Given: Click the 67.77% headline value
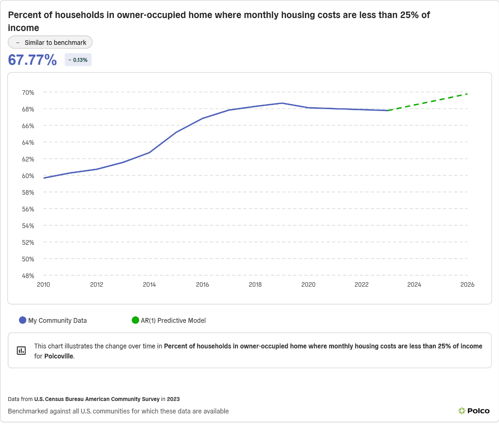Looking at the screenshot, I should pyautogui.click(x=32, y=60).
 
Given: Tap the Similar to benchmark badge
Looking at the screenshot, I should pyautogui.click(x=50, y=42).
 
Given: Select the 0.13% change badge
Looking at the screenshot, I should pyautogui.click(x=78, y=60).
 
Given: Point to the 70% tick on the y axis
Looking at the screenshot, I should pyautogui.click(x=28, y=92).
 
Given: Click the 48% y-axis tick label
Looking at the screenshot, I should pyautogui.click(x=28, y=276).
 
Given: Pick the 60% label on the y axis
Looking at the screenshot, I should pyautogui.click(x=28, y=176).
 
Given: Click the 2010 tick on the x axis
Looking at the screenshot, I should pyautogui.click(x=43, y=284).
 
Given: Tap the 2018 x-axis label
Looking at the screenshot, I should pyautogui.click(x=255, y=284).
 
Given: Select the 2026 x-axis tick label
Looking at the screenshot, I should pyautogui.click(x=468, y=284).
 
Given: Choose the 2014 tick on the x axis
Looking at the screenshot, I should pyautogui.click(x=149, y=284).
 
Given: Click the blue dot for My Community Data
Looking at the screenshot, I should pyautogui.click(x=23, y=320).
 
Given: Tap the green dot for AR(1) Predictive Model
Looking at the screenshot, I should pyautogui.click(x=136, y=320).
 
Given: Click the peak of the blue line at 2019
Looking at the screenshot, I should pyautogui.click(x=282, y=103).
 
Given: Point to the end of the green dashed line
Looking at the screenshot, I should pyautogui.click(x=468, y=94).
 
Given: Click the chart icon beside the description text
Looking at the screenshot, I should pyautogui.click(x=21, y=350).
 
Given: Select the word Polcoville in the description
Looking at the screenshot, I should pyautogui.click(x=59, y=356).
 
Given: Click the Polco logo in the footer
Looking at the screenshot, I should pyautogui.click(x=474, y=411).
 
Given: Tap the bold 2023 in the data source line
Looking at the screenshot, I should pyautogui.click(x=173, y=399).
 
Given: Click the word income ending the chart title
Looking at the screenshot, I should pyautogui.click(x=24, y=28).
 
